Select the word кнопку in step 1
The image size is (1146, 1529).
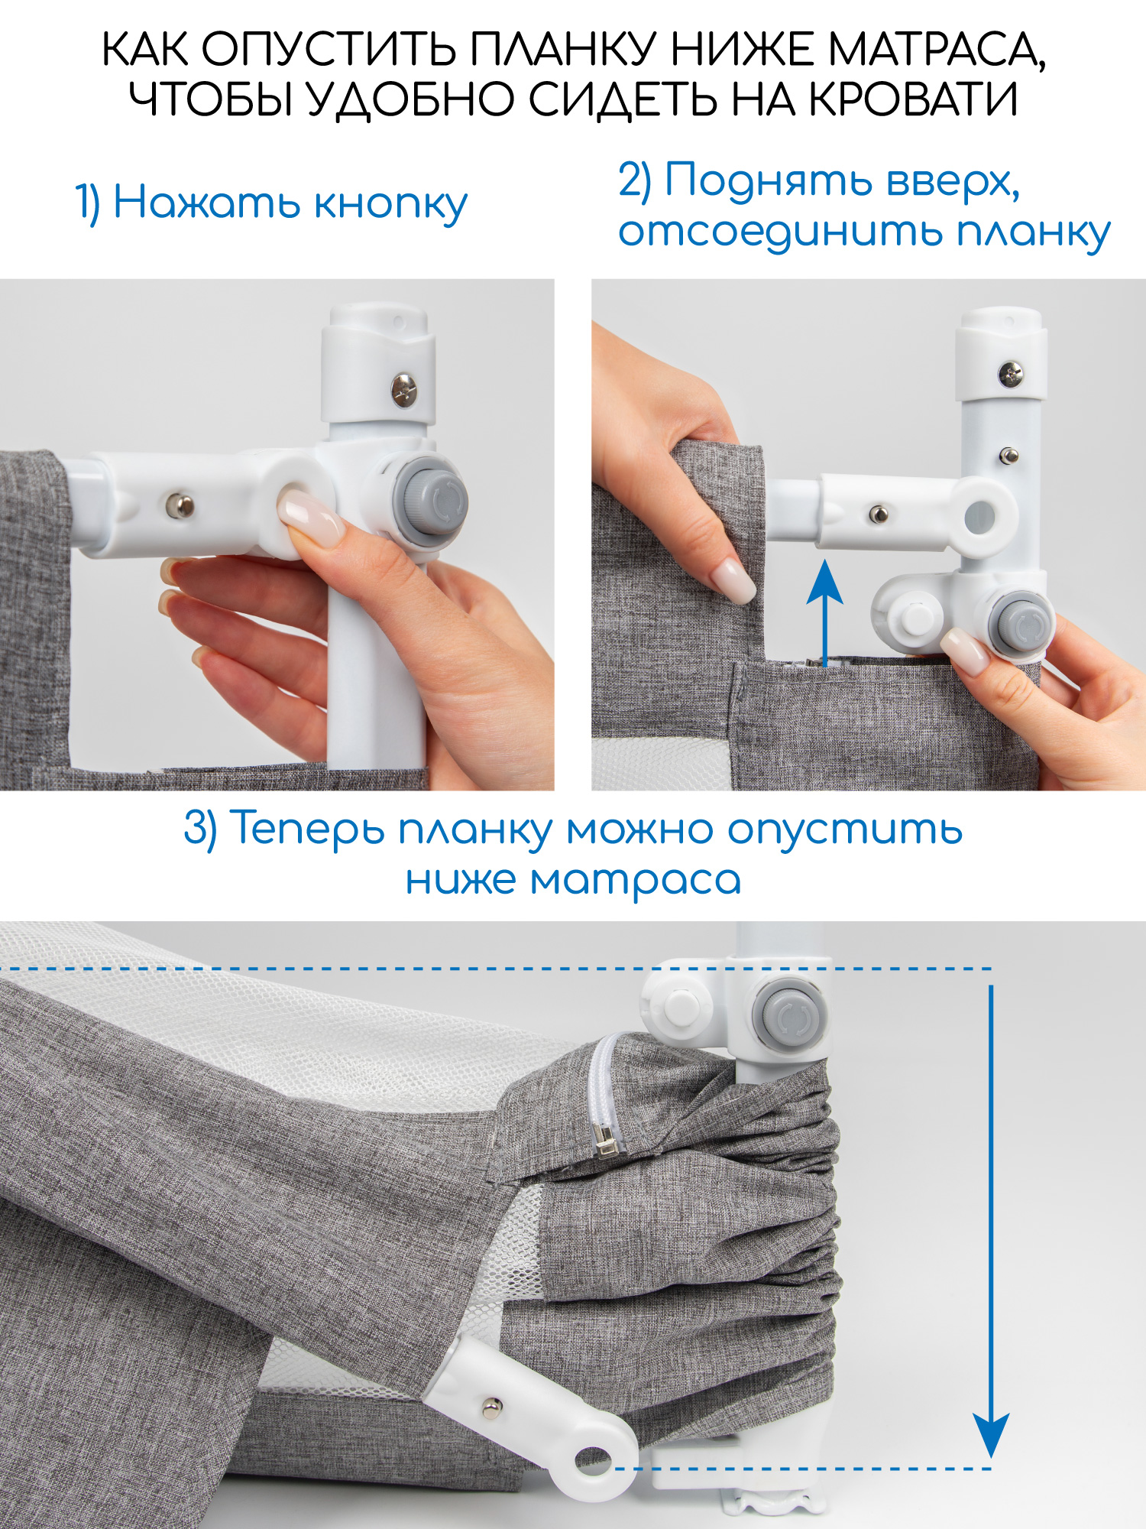click(x=390, y=204)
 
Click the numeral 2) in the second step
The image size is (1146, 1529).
click(x=634, y=181)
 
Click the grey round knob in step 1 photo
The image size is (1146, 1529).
click(x=430, y=497)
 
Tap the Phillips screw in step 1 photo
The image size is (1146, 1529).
click(x=404, y=391)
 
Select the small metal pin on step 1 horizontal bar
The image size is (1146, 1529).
click(x=180, y=505)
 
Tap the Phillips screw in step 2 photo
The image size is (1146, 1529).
click(x=1011, y=374)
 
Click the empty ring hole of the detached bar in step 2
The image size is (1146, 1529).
click(x=979, y=518)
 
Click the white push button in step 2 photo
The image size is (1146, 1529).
click(x=915, y=615)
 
